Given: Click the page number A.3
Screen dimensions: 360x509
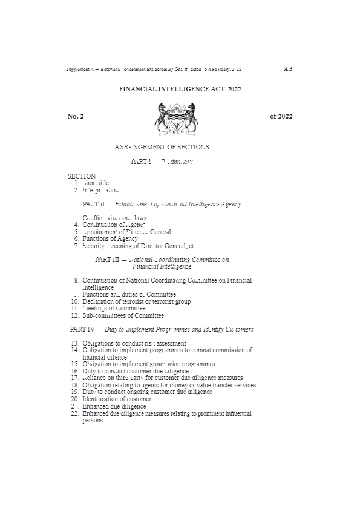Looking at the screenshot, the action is coord(288,68).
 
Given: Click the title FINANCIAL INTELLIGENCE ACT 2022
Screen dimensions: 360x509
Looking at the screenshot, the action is coord(180,88).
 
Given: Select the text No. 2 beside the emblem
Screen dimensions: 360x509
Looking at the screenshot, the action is coord(76,117).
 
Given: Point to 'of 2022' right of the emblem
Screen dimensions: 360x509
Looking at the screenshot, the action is coord(281,117).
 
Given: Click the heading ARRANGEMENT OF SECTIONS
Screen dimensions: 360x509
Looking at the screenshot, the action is coord(162,146).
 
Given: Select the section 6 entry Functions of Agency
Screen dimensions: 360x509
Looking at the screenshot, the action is coord(110,239).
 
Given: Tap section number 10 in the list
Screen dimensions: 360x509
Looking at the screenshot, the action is coord(75,301).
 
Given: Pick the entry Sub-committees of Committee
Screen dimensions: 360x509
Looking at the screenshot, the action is coord(123,315).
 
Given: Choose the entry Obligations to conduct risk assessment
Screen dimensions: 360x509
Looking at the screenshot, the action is coord(134,343).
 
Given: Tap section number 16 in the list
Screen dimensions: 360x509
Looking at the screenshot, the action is coord(75,371).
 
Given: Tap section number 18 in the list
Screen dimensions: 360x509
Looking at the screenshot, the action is coord(75,385).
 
